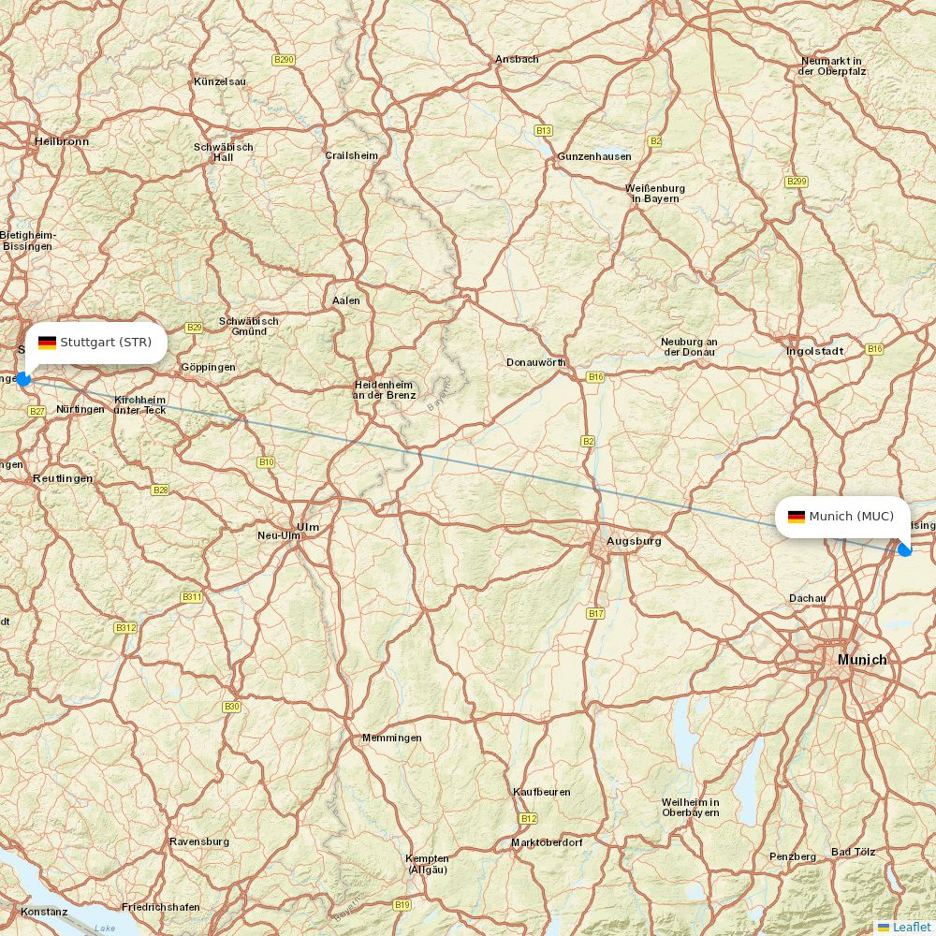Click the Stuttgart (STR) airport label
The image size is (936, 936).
105,343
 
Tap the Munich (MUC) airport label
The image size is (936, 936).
851,517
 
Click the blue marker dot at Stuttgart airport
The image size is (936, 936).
23,379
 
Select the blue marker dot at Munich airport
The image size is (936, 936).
904,549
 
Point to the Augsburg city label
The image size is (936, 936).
634,541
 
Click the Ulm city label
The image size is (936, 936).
307,527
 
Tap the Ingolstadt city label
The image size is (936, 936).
814,351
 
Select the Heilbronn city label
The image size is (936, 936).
62,141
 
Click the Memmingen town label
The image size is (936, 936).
391,738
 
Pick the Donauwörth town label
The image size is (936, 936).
535,362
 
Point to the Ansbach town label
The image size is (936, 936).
517,59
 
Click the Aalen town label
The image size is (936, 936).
345,300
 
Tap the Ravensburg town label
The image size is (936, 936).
198,841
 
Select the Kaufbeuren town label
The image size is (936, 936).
541,792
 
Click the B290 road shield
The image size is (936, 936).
283,60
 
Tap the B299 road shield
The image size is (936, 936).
797,181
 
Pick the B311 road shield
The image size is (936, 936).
191,596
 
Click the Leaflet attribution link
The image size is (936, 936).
911,927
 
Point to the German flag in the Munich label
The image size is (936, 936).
796,517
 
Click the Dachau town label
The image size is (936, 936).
807,597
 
